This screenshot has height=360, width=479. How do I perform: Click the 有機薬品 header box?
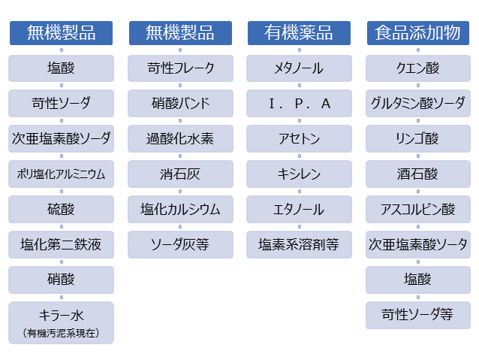point(299,33)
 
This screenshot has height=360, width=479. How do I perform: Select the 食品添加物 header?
point(418,33)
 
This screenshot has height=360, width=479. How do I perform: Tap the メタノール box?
point(299,68)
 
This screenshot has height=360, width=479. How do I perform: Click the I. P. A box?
point(299,104)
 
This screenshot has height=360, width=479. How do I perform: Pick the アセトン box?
point(299,138)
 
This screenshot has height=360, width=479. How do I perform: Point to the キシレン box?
point(299,174)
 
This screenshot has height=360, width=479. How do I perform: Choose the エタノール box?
point(299,209)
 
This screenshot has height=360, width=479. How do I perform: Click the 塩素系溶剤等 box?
point(299,245)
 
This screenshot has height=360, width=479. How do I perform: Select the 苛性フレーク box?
point(180,68)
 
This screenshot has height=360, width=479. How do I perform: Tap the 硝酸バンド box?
point(180,104)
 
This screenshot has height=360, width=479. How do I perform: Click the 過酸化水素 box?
point(180,138)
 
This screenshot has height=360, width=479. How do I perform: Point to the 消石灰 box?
point(180,174)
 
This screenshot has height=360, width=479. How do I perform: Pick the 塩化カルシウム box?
point(180,209)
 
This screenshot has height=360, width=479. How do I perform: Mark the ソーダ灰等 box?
point(180,245)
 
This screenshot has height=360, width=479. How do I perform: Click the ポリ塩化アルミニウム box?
point(61,174)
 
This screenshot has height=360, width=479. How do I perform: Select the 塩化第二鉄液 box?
point(61,245)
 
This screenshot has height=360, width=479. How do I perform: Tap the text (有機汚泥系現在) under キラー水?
point(61,333)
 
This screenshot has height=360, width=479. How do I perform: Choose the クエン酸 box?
point(418,68)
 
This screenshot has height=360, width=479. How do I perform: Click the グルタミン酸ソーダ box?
point(418,104)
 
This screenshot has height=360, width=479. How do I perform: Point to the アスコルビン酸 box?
point(418,209)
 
